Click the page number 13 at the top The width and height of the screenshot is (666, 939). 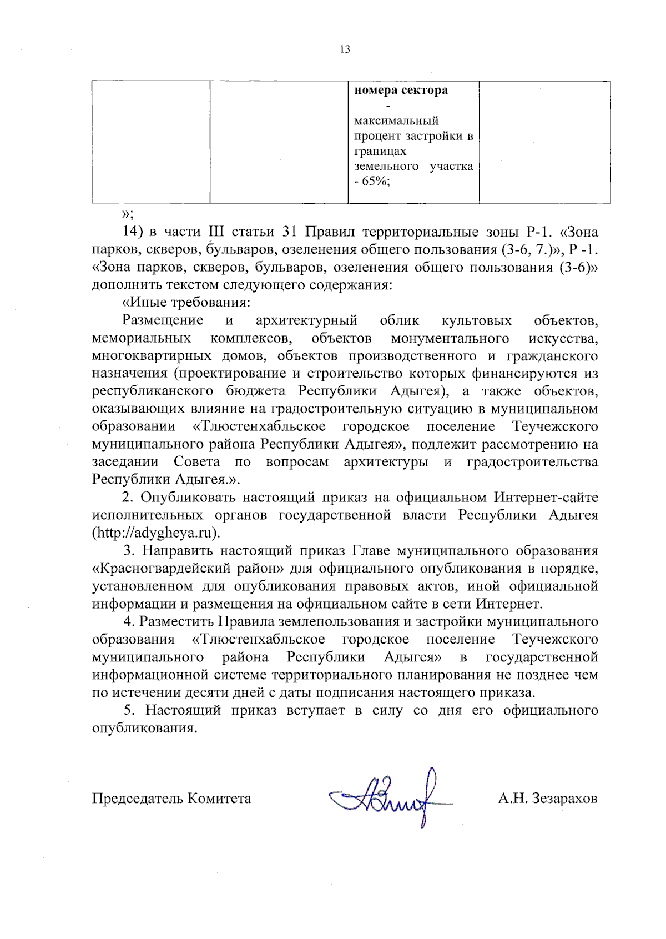click(345, 49)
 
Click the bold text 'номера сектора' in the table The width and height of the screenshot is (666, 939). click(401, 91)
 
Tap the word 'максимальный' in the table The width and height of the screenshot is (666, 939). click(396, 121)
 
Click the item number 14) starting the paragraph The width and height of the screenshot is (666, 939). click(133, 232)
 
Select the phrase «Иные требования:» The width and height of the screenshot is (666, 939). click(186, 303)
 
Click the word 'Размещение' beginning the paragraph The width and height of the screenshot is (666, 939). click(163, 320)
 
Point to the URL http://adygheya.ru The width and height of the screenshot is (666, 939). click(155, 533)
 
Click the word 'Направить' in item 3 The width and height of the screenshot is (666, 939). click(177, 551)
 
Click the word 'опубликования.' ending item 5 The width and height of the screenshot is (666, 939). click(145, 729)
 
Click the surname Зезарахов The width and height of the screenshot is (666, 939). click(564, 799)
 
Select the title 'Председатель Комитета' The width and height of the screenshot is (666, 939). click(171, 799)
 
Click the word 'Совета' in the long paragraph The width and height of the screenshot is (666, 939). click(196, 462)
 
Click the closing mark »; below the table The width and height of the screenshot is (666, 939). click(128, 214)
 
